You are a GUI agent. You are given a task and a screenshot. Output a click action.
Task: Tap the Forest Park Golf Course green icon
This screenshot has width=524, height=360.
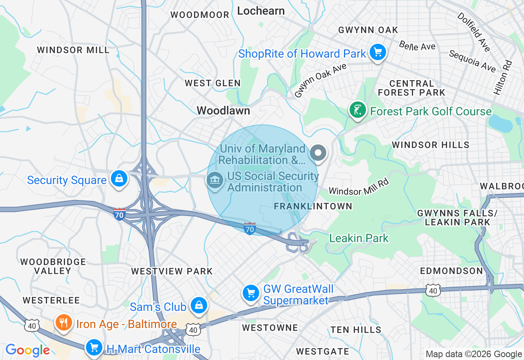[x=357, y=110]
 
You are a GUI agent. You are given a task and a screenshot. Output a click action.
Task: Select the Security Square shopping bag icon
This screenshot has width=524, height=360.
[x=119, y=179]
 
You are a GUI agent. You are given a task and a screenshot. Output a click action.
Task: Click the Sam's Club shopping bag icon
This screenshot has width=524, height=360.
[x=199, y=306]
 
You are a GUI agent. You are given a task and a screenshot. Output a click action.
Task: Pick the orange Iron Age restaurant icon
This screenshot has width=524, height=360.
[x=63, y=323]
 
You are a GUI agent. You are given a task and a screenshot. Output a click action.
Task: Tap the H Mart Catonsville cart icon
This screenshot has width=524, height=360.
[x=94, y=348]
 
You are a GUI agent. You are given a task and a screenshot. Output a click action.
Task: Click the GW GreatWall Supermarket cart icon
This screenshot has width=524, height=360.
[x=251, y=293]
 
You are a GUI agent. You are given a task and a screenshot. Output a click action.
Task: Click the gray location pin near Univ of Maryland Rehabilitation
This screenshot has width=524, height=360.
[x=318, y=153]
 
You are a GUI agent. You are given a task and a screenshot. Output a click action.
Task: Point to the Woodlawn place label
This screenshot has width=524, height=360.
[x=223, y=110]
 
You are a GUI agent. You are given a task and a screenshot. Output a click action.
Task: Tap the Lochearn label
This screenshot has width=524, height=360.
[x=261, y=11]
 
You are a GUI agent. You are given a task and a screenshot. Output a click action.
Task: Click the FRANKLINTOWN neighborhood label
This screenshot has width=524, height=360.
[x=313, y=206]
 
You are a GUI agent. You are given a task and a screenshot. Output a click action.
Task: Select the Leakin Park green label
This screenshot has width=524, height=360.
[x=359, y=238]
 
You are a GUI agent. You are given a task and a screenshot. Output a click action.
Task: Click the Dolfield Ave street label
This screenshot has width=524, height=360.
[x=473, y=32]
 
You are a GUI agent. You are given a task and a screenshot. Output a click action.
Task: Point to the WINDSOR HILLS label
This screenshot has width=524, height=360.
[x=430, y=145]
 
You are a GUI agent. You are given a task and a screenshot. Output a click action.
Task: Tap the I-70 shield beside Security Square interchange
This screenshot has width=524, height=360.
[x=120, y=214]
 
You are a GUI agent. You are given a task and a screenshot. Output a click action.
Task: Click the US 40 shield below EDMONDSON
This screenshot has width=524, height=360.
[x=433, y=290]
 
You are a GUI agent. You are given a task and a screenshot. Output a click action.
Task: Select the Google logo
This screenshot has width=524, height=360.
[x=27, y=350]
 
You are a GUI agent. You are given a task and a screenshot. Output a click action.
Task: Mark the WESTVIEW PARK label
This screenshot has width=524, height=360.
[x=172, y=271]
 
